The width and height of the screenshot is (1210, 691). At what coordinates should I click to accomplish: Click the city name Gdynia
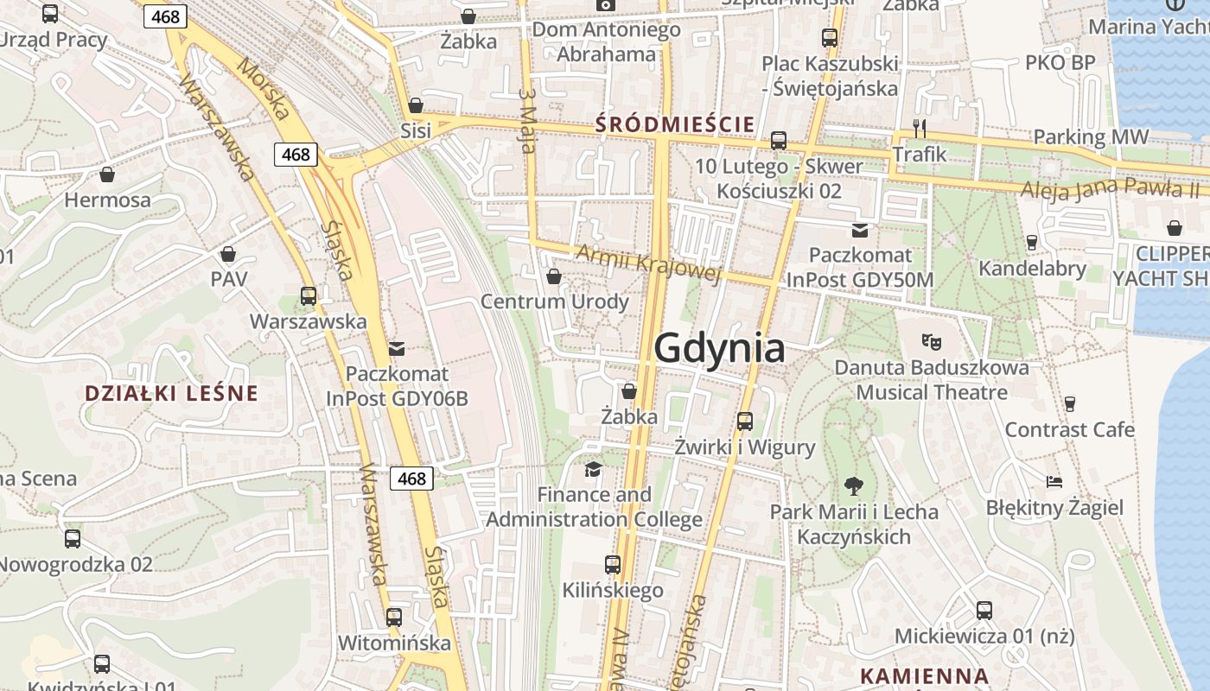point(719,348)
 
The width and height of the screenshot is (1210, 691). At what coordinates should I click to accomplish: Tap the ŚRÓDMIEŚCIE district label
point(675,124)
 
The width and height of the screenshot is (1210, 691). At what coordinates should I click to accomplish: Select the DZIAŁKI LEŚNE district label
point(171,394)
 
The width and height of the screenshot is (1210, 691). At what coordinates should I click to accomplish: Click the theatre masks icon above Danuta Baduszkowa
point(931,342)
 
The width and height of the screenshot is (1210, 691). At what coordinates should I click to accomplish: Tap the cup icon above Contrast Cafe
point(1069,403)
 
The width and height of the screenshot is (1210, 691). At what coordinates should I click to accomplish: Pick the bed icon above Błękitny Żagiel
point(1054,481)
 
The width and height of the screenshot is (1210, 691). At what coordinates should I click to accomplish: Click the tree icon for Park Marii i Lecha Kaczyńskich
point(854,485)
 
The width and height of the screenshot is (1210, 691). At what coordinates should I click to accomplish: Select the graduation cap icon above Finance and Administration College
point(593,469)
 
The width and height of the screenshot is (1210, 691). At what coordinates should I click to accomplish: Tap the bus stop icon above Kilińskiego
point(613,565)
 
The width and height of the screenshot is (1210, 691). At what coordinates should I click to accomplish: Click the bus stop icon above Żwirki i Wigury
point(744,422)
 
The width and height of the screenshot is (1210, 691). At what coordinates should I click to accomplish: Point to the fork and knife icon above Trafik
point(920,129)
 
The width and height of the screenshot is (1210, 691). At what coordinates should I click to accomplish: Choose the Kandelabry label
point(1032,269)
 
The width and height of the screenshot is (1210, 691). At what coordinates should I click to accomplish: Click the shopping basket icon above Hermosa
point(107,174)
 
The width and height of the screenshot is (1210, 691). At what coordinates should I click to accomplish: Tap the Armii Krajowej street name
point(647,263)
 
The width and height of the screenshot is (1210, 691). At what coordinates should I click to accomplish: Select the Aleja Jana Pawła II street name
point(1110,188)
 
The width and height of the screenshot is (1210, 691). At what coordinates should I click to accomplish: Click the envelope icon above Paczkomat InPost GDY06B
point(397,348)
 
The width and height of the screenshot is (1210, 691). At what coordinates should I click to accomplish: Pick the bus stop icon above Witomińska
point(394,618)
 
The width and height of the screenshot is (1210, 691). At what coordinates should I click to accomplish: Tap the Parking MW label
point(1091,136)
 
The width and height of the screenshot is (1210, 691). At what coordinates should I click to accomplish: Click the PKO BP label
point(1060,62)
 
